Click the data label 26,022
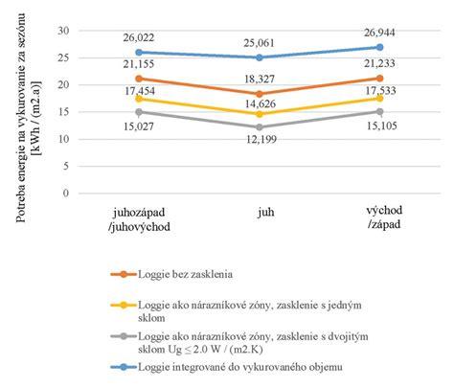coord(140,38)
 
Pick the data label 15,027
coord(140,125)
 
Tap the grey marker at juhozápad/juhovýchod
coord(140,111)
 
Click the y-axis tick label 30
coord(65,31)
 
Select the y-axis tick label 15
coord(65,112)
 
